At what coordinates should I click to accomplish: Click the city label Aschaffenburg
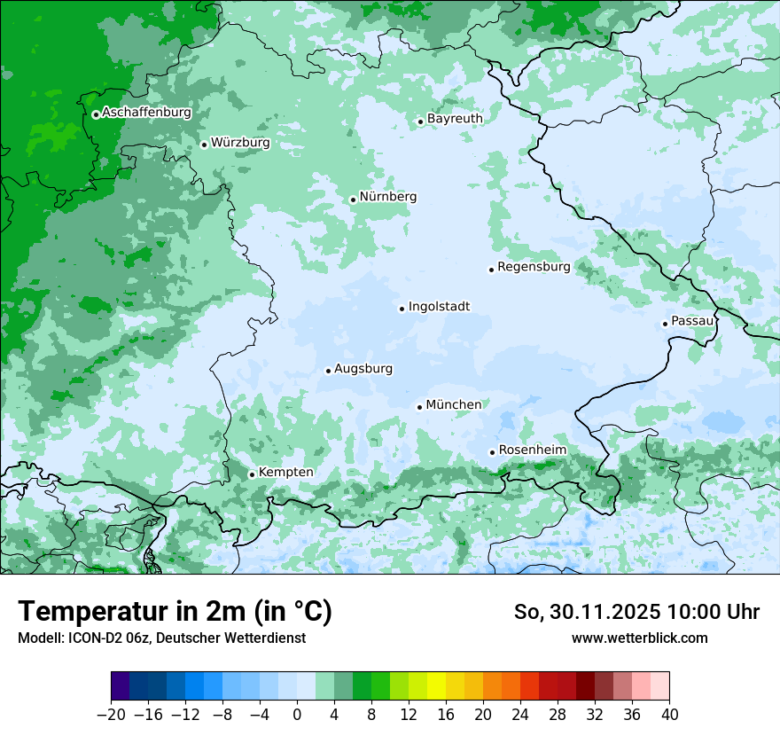coord(146,113)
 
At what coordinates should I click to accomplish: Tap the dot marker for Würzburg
coord(204,145)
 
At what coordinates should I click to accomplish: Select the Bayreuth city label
coord(455,118)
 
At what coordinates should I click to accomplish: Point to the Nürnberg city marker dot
coord(353,200)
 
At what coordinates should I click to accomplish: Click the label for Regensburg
coord(534,267)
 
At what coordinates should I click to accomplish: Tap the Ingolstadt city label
coord(439,307)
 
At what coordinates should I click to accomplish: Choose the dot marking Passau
coord(665,324)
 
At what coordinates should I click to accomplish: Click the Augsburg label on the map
coord(363,369)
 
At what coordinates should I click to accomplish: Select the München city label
coord(454,405)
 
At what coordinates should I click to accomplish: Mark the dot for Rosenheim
coord(492,452)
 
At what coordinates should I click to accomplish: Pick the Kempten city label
coord(285,473)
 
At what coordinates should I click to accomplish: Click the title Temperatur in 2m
coord(175,612)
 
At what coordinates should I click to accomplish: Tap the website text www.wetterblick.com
coord(640,638)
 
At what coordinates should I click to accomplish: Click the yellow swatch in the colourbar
coord(436,686)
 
